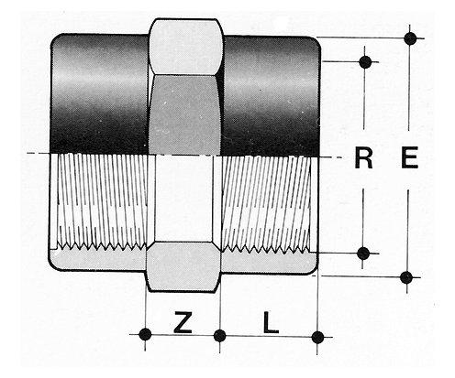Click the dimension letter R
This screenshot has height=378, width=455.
(363, 157)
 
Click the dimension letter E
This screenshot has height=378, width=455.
(409, 157)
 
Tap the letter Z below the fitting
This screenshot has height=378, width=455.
(183, 322)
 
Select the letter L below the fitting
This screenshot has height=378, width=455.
(271, 322)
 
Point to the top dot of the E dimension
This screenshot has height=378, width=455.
(410, 38)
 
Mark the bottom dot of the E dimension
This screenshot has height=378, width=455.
(406, 277)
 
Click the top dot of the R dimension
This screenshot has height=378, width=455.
(365, 61)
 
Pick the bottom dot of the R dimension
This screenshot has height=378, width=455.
(363, 254)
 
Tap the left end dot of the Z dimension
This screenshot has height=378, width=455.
(145, 334)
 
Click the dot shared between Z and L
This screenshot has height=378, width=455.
(220, 336)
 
